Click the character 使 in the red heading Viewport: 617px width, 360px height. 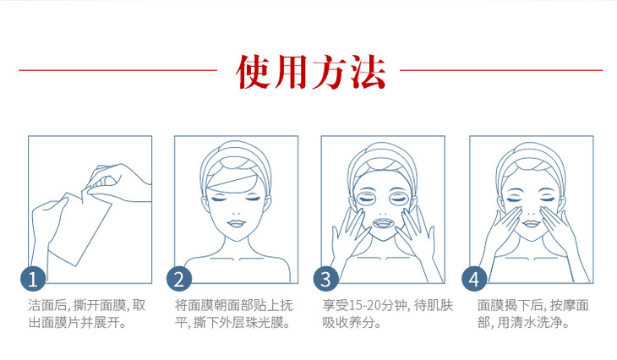pos(253,71)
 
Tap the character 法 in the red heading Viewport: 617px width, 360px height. pos(368,71)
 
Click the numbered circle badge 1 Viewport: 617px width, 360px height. pos(33,279)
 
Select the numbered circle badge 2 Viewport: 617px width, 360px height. pos(179,279)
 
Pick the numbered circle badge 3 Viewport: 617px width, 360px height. pos(325,279)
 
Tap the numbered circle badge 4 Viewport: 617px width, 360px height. pos(474,279)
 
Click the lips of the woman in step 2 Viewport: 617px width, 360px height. pos(236,224)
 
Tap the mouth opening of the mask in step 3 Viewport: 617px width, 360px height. pos(383,224)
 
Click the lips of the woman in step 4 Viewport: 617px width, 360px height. pos(532,224)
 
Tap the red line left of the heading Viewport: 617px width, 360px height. pos(118,70)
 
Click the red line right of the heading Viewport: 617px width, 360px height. pos(501,70)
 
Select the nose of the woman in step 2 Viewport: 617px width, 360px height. pos(236,211)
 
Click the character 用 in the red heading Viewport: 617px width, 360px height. pos(291,71)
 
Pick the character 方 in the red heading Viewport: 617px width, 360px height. pos(330,71)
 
